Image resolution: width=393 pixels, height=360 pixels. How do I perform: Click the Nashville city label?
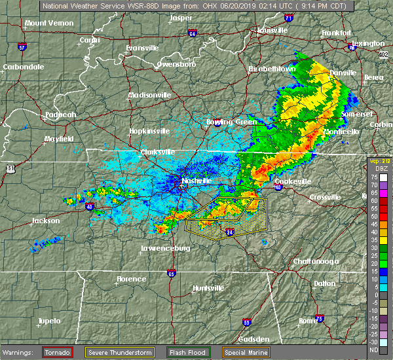coord(197,181)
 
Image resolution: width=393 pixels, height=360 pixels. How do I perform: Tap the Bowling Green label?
coord(232,121)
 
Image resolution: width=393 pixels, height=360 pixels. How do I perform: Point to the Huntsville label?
coord(208,288)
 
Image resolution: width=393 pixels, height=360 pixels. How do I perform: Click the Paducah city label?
coord(61,115)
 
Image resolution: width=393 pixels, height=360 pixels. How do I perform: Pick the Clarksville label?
coord(158,153)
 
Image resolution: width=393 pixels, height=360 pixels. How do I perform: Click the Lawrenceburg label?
coord(165,248)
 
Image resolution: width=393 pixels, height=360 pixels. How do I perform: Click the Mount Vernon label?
coord(48,23)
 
